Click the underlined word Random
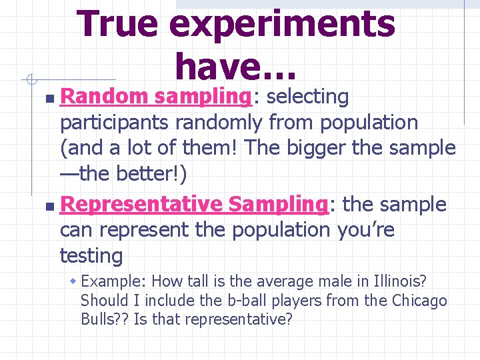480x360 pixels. pos(103,97)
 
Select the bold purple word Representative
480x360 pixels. pos(141,204)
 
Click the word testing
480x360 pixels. pos(91,255)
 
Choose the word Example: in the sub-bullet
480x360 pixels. pos(111,282)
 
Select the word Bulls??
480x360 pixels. pos(105,319)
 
